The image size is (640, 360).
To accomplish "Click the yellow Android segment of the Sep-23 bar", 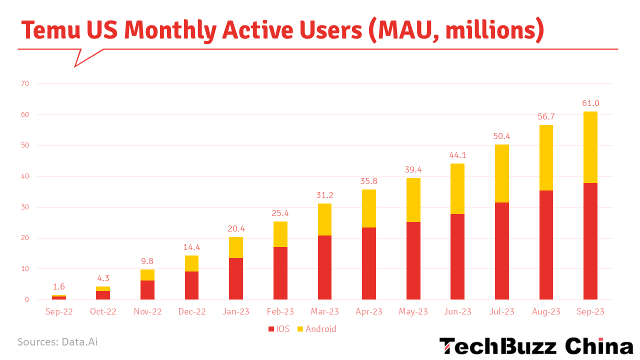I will click(590, 147).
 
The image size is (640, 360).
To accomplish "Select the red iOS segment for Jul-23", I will click(501, 251).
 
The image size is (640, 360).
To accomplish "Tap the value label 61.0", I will click(590, 103).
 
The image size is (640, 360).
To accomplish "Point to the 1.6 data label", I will click(58, 287).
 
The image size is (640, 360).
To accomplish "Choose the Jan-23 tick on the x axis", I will click(236, 311).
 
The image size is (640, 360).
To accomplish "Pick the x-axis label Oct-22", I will click(103, 311).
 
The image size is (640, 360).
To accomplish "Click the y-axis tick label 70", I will click(25, 84).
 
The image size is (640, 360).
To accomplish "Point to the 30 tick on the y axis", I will click(25, 207).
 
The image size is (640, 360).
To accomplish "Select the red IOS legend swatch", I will click(271, 329).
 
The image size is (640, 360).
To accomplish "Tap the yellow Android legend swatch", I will click(300, 329).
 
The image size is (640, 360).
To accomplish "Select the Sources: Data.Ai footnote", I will click(57, 342).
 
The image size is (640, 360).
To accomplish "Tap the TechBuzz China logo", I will click(536, 346).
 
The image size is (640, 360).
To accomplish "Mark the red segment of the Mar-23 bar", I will click(324, 267).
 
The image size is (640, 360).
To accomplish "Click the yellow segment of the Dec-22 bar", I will click(191, 263).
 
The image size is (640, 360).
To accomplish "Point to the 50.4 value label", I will click(501, 136).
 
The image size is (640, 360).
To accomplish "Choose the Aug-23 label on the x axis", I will click(546, 311).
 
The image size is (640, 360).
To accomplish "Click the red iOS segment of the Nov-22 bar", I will click(147, 290).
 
